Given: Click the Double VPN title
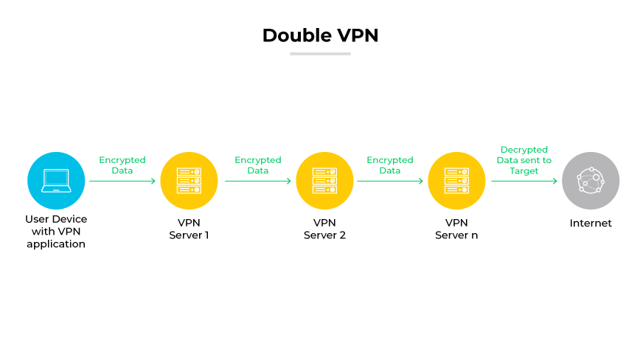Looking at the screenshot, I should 320,35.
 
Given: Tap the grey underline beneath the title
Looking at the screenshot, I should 320,53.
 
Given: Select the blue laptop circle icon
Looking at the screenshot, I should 56,181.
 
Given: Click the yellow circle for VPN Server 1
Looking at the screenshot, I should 189,181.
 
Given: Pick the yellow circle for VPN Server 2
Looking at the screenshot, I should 324,181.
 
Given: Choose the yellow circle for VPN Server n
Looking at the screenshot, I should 456,181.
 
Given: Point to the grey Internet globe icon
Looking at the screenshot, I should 591,181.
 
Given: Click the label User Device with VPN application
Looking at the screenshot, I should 56,231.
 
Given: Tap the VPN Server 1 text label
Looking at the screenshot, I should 189,229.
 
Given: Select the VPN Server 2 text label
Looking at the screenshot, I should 324,229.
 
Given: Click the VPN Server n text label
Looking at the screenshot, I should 456,229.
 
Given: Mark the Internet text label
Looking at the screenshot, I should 591,223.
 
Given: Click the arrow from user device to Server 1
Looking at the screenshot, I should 122,181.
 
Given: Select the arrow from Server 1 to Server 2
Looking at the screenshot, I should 257,181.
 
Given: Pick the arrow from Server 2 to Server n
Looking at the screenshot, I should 390,181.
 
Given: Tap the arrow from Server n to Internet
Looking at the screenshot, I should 524,181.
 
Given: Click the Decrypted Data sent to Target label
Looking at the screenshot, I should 524,160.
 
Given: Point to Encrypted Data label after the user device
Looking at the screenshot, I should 122,165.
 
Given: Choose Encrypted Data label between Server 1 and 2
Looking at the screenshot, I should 258,165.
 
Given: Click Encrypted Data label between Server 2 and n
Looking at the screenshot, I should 390,165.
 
